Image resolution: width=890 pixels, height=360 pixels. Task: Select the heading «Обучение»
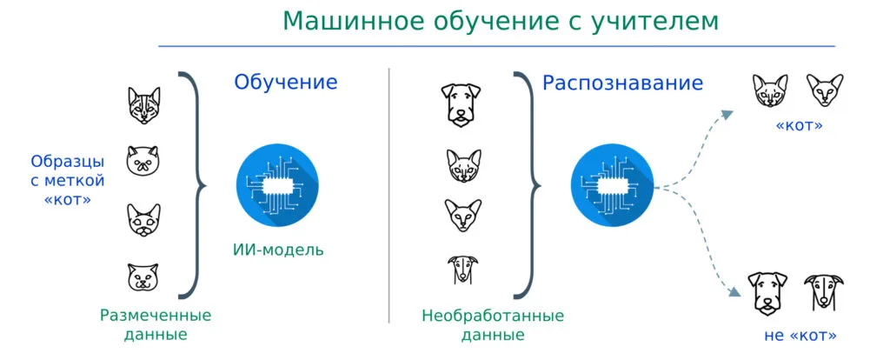[x=285, y=83]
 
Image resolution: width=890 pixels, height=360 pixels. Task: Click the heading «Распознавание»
[x=622, y=83]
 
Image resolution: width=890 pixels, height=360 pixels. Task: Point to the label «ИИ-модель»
[x=278, y=250]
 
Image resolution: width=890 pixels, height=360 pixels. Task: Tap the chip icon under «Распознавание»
[x=611, y=185]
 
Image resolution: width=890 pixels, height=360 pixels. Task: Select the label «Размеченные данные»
[x=156, y=323]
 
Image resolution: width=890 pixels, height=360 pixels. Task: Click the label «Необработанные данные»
[x=493, y=323]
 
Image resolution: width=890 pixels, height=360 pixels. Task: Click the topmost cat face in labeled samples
[x=143, y=104]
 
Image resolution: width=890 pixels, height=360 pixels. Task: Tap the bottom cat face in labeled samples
[x=143, y=278]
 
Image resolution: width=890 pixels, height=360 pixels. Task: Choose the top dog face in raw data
[x=457, y=103]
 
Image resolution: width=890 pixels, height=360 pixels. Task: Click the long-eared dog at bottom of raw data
[x=457, y=270]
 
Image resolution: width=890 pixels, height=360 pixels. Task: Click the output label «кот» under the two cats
[x=798, y=127]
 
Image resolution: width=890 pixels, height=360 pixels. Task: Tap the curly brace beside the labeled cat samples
[x=196, y=184]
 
